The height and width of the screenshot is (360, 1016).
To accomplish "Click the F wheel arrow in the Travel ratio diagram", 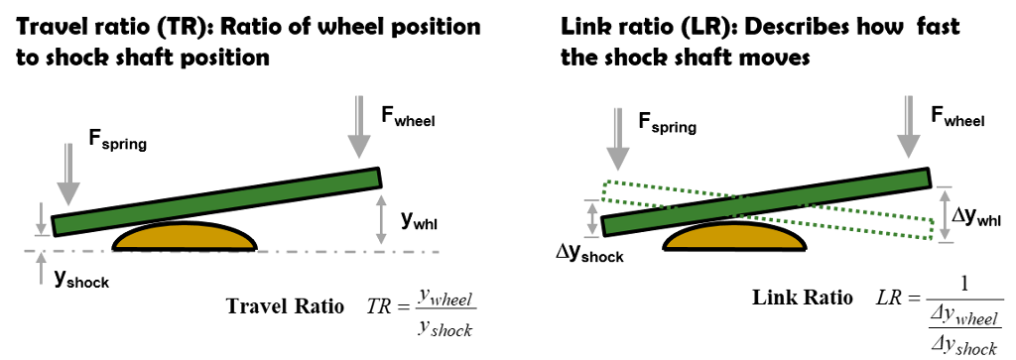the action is [359, 128].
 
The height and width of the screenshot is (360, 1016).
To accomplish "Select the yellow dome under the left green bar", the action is [184, 236].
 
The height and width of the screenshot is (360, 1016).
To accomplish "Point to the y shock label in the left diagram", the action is [81, 278].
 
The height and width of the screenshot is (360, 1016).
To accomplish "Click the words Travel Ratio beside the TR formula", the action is [285, 306].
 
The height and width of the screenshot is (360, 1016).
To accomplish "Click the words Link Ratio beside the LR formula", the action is [802, 298].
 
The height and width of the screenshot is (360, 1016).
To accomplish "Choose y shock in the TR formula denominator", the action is [444, 329].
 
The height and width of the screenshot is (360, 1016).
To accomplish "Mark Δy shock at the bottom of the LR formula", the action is [959, 348].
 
